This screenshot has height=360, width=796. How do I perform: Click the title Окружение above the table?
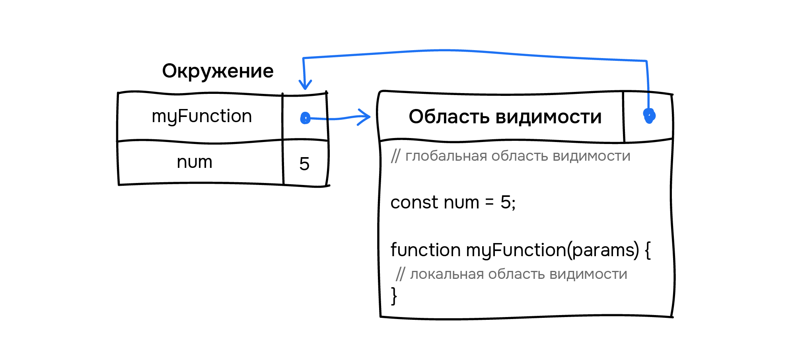218,71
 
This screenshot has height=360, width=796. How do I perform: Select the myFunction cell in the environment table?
202,117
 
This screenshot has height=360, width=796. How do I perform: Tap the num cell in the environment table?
195,162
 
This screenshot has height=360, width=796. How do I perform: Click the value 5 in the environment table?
304,163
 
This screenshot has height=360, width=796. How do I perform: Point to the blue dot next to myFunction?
305,118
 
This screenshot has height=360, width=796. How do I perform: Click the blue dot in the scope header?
649,116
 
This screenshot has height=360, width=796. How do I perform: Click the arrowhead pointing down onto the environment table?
305,85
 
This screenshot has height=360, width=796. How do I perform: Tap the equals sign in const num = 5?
489,202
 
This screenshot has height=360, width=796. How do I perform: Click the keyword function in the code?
425,250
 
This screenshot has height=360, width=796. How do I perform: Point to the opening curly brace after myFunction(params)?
648,250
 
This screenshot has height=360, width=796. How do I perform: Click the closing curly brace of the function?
394,296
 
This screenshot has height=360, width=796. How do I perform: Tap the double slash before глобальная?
395,156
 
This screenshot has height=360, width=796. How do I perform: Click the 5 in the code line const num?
506,202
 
